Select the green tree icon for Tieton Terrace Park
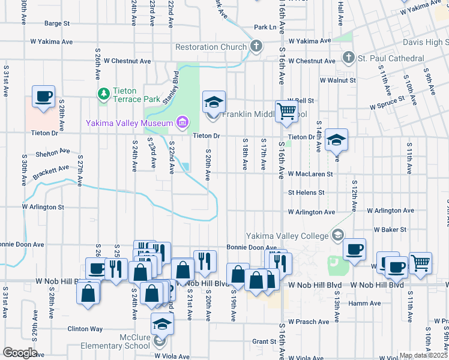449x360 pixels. (103, 94)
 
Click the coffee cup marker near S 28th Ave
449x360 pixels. (44, 97)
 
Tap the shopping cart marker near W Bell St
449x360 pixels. (287, 111)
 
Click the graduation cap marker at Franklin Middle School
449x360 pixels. (213, 103)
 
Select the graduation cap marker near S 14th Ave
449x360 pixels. (337, 140)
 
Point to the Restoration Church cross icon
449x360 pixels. (256, 46)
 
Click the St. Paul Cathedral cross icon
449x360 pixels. (348, 58)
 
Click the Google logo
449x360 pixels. (19, 352)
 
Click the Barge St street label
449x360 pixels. (57, 24)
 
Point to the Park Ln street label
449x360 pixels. (265, 27)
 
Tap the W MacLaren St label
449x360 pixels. (310, 174)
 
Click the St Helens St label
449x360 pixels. (306, 193)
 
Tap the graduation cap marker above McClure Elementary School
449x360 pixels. (162, 324)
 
